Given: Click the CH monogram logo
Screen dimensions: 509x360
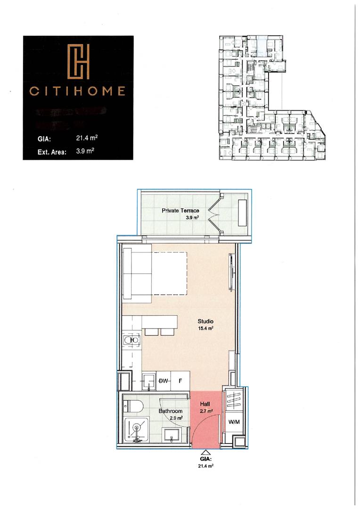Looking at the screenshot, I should point(78,62).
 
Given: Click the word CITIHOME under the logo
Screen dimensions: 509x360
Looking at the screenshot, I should point(78,91).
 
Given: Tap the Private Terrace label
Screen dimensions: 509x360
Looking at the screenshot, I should point(180,211).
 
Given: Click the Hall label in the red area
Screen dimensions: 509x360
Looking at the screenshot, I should point(205,404).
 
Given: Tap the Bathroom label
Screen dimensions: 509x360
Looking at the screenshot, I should point(170,411).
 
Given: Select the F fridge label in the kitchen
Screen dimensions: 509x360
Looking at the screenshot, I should point(180,381).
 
